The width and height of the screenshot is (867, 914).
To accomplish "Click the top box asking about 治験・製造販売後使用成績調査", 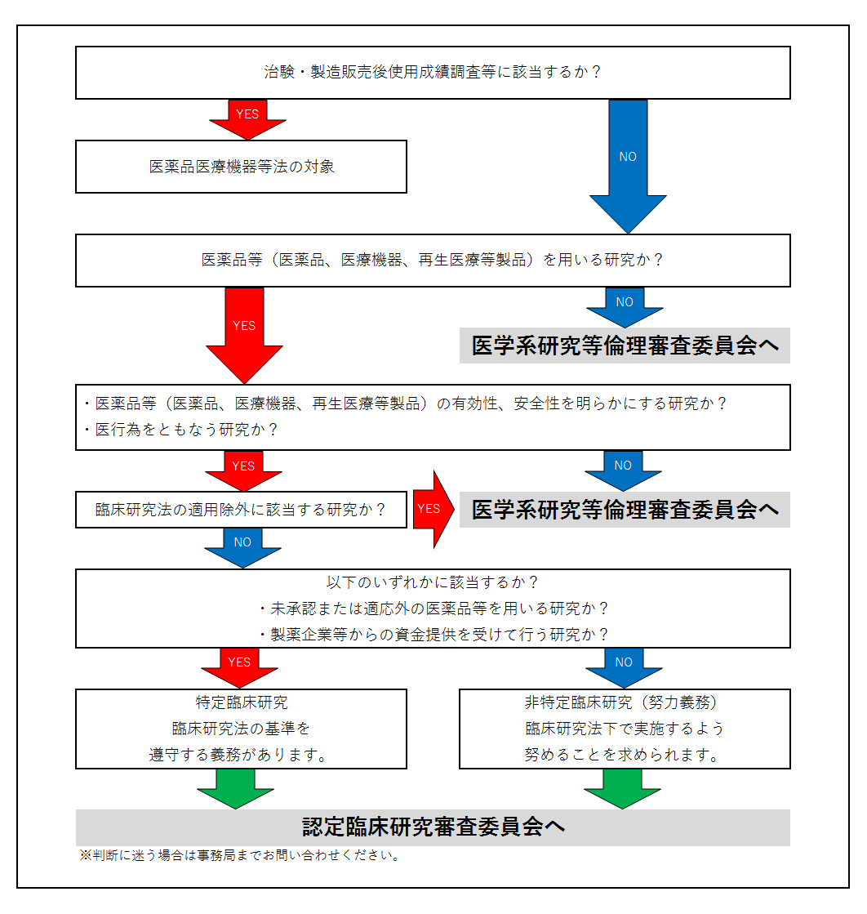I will (x=433, y=72).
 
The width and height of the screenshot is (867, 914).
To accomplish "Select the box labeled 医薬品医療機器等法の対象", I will (x=241, y=167).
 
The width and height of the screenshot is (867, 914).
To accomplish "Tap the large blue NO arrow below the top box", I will (x=627, y=163).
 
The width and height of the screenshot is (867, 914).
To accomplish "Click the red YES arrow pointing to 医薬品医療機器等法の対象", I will (x=247, y=118).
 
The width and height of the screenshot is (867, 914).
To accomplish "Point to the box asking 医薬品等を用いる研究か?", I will (x=433, y=261).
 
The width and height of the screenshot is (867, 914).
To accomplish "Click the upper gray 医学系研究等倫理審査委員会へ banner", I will (x=625, y=346).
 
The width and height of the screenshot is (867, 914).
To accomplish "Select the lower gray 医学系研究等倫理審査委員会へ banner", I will (x=625, y=510).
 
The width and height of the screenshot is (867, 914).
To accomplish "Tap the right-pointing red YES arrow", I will (x=431, y=509).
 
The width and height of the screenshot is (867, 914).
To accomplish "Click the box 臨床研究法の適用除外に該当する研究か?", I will (x=241, y=510).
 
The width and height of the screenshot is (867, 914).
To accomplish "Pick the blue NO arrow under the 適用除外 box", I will (x=242, y=546).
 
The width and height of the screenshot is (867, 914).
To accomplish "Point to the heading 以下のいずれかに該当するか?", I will (x=433, y=582).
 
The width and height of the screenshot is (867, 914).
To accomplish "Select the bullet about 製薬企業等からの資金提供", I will (x=433, y=634).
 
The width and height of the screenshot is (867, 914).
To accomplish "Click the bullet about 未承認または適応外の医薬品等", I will (x=433, y=609).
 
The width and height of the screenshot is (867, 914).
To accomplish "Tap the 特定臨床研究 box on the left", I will (x=241, y=729).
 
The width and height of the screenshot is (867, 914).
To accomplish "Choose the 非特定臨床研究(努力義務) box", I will (x=625, y=729).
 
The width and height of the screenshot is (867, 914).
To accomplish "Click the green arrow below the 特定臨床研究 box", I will (x=236, y=787).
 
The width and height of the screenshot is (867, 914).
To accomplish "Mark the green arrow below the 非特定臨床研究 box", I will (x=623, y=787).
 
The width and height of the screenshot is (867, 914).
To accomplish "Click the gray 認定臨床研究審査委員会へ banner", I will (x=433, y=827).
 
